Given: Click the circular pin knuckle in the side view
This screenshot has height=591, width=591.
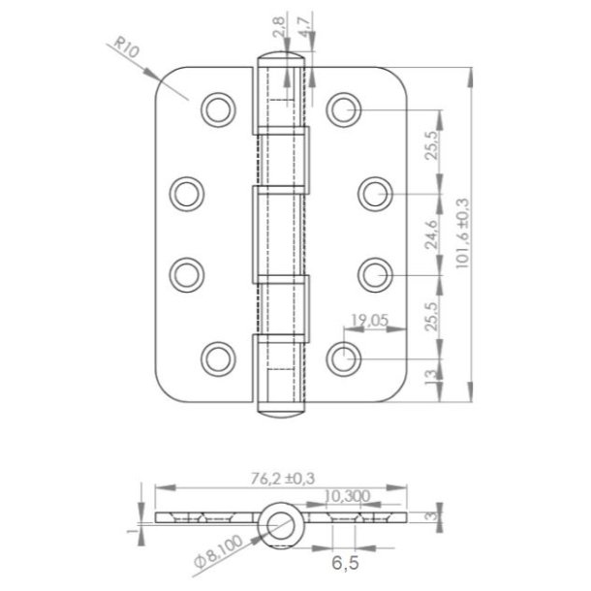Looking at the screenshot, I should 281,522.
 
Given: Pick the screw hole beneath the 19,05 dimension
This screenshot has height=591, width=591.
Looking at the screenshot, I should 341,358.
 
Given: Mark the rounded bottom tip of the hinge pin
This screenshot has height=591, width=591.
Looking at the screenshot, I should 281,410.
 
